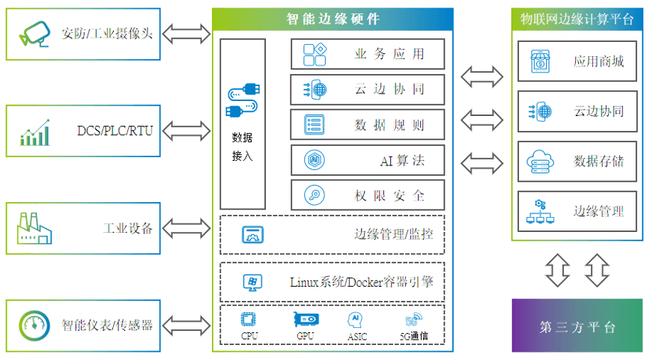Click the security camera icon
34,34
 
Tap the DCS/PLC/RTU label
115,131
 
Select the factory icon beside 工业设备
34,228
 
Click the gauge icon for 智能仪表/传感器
34,326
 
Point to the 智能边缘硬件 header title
332,19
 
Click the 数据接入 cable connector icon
243,100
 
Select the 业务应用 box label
389,54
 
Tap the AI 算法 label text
402,160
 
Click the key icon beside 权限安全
315,195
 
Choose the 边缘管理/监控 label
394,234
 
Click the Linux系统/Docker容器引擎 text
362,282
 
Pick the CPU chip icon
249,320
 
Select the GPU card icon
306,320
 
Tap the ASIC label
357,337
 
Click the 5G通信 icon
413,319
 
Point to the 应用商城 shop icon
540,61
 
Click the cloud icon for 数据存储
540,161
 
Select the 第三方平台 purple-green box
577,326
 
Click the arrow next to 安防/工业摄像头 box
186,34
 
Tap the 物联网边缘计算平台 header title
577,19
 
